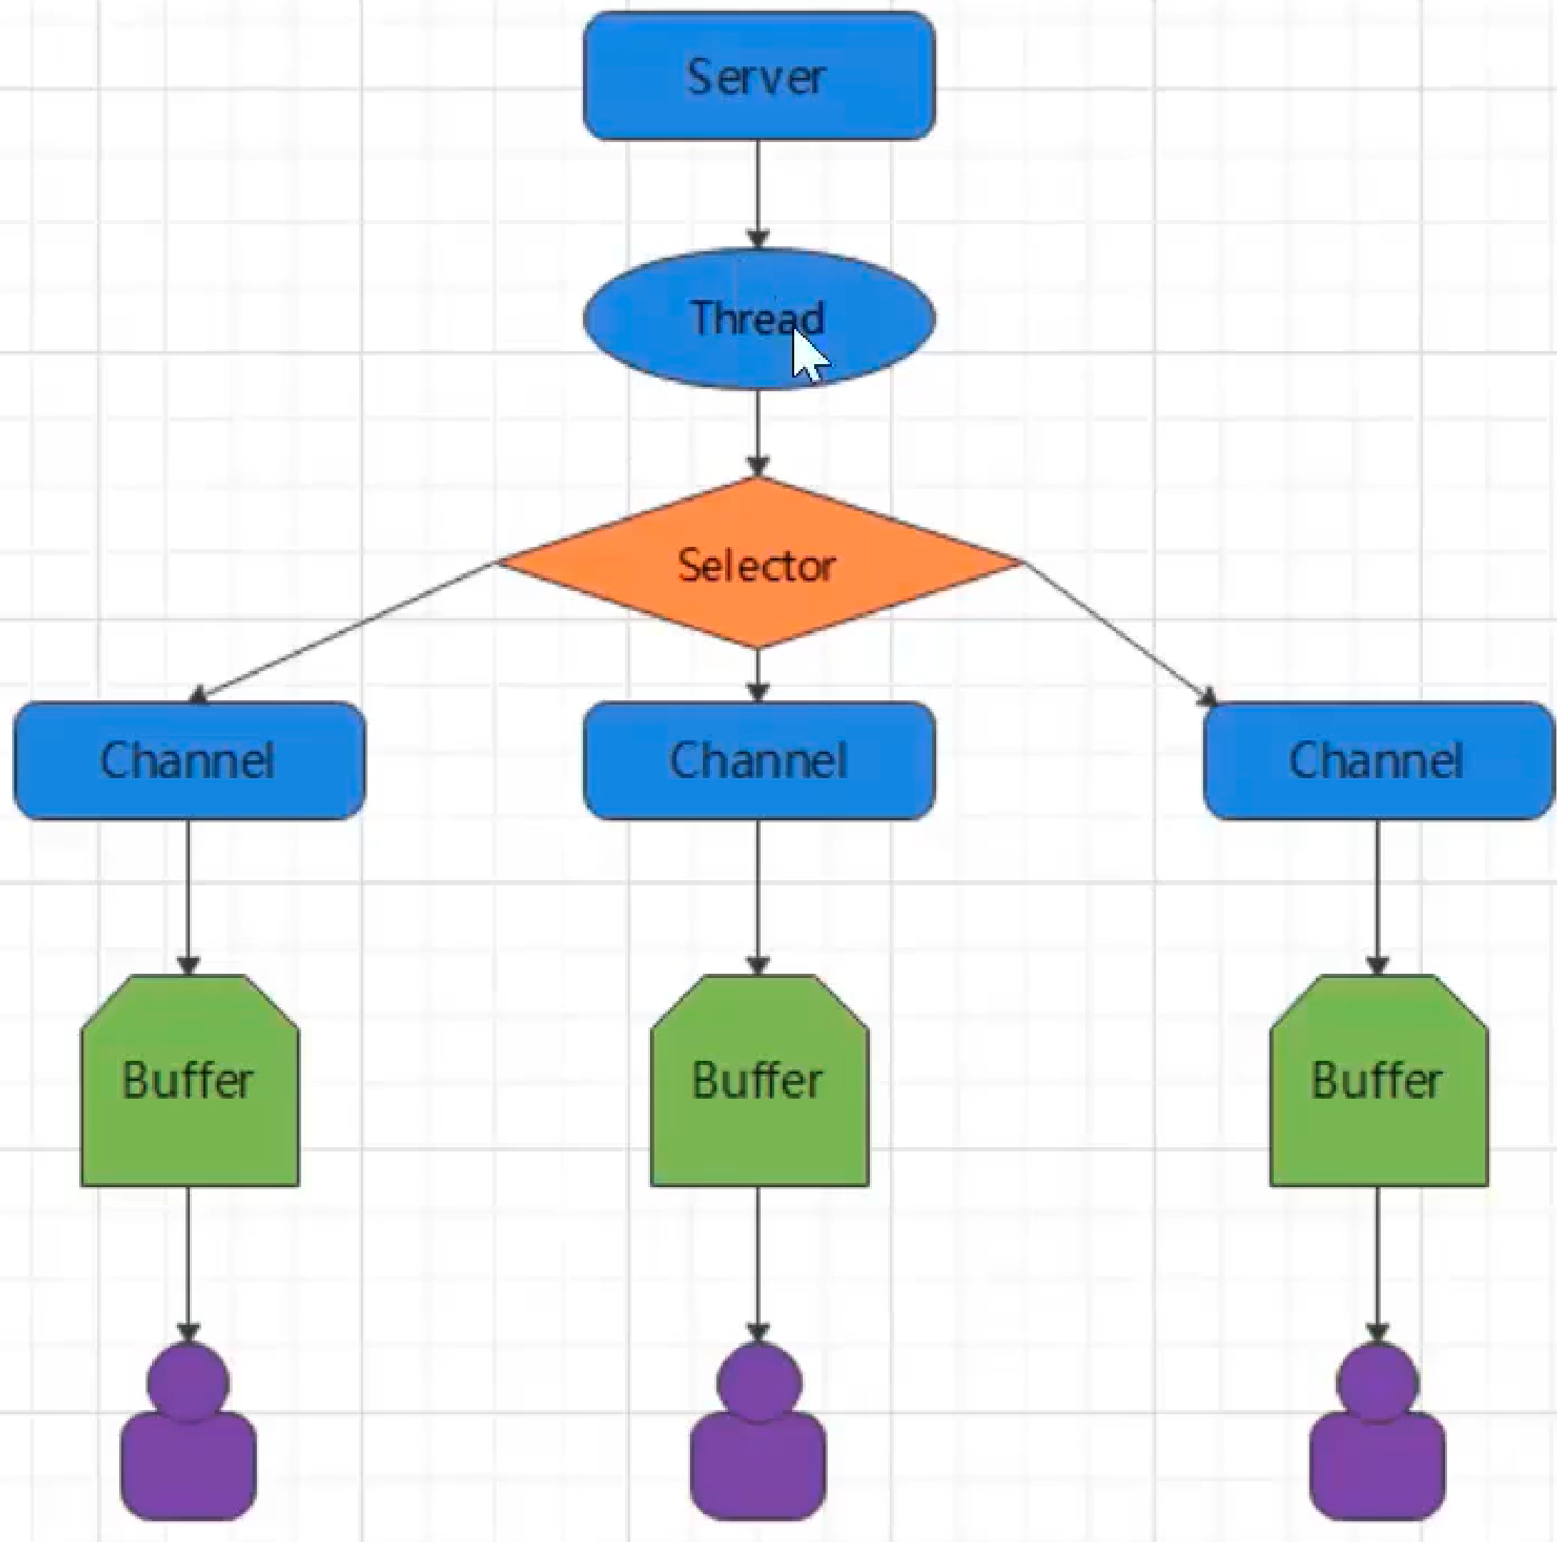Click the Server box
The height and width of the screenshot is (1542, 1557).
(759, 76)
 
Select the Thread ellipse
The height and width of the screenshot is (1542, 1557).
(759, 318)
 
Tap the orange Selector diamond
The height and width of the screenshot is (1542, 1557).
(759, 563)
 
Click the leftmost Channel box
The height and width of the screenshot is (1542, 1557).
(189, 760)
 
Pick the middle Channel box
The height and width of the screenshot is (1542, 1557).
(759, 760)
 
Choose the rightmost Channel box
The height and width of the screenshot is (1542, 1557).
(1378, 760)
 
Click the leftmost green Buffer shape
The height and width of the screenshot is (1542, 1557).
(189, 1080)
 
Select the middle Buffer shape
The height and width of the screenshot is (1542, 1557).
(759, 1080)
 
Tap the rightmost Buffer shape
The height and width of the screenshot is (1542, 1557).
(1379, 1080)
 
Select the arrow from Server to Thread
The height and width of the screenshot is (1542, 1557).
(758, 194)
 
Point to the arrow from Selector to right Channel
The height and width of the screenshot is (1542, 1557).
(1120, 633)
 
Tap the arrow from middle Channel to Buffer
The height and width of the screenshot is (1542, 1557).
(758, 897)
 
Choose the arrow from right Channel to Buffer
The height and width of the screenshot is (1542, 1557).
(1377, 897)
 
